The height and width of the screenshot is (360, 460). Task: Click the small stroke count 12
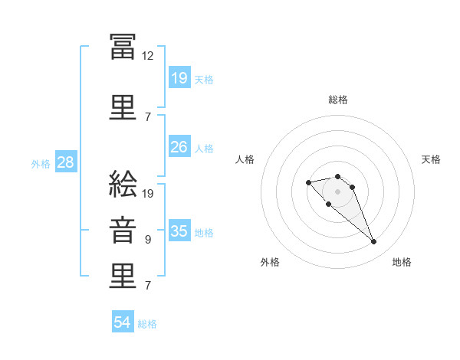point(148,55)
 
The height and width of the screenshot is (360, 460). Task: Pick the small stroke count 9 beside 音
point(148,239)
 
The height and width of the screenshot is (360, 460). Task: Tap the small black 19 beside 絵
point(148,193)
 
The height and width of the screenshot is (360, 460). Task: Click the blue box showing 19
point(179,77)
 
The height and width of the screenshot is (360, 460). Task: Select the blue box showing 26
point(179,147)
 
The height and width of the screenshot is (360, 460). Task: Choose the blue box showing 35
point(179,231)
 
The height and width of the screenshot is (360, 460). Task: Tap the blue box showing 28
point(65,162)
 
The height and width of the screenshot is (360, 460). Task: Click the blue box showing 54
point(123,322)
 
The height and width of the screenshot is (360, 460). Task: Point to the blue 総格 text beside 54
point(147,324)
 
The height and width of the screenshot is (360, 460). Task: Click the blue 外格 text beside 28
point(41,163)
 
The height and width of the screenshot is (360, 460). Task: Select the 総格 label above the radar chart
point(338,100)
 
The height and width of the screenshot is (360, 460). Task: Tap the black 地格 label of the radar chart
point(402,262)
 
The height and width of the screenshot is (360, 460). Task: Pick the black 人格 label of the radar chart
point(245,159)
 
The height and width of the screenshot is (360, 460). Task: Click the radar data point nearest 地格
point(373,242)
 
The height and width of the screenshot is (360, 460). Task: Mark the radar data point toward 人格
point(308,182)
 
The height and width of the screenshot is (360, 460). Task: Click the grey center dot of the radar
point(338,191)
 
